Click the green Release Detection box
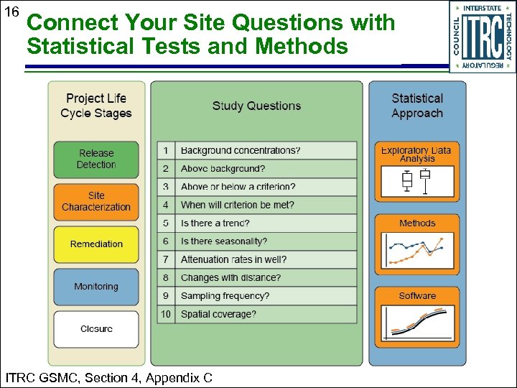(x=96, y=160)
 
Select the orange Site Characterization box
(x=96, y=202)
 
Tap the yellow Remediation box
(x=96, y=244)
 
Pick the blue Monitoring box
(x=96, y=287)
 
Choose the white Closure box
(x=96, y=329)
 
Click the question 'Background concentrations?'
(x=241, y=150)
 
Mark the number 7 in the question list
(x=166, y=259)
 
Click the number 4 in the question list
(x=166, y=205)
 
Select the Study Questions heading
(x=256, y=106)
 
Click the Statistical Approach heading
(x=417, y=106)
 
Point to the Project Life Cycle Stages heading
(x=96, y=106)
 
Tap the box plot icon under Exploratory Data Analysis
(x=416, y=183)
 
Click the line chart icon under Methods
(x=416, y=251)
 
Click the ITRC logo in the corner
(x=482, y=36)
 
